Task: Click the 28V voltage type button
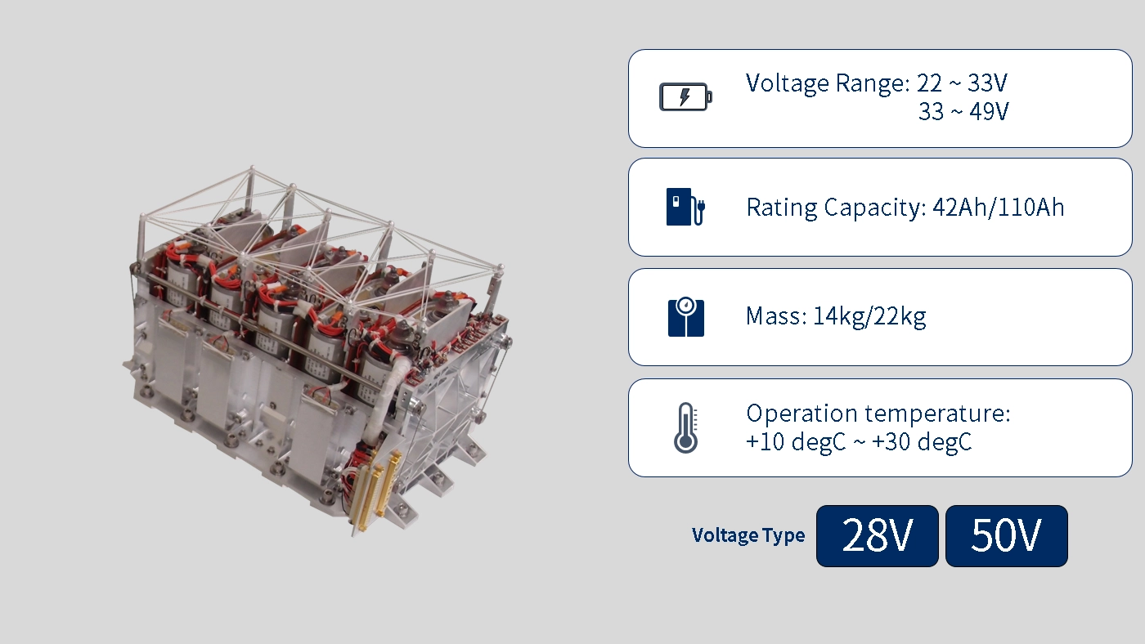pos(877,536)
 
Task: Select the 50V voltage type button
pos(1007,536)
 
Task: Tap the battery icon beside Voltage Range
pos(685,97)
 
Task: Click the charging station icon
pos(686,207)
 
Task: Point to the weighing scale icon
pos(686,316)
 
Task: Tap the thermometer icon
pos(685,428)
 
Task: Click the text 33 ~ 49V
pos(963,112)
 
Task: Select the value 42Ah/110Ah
pos(999,208)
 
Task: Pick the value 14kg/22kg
pos(869,316)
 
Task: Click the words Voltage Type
pos(748,535)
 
